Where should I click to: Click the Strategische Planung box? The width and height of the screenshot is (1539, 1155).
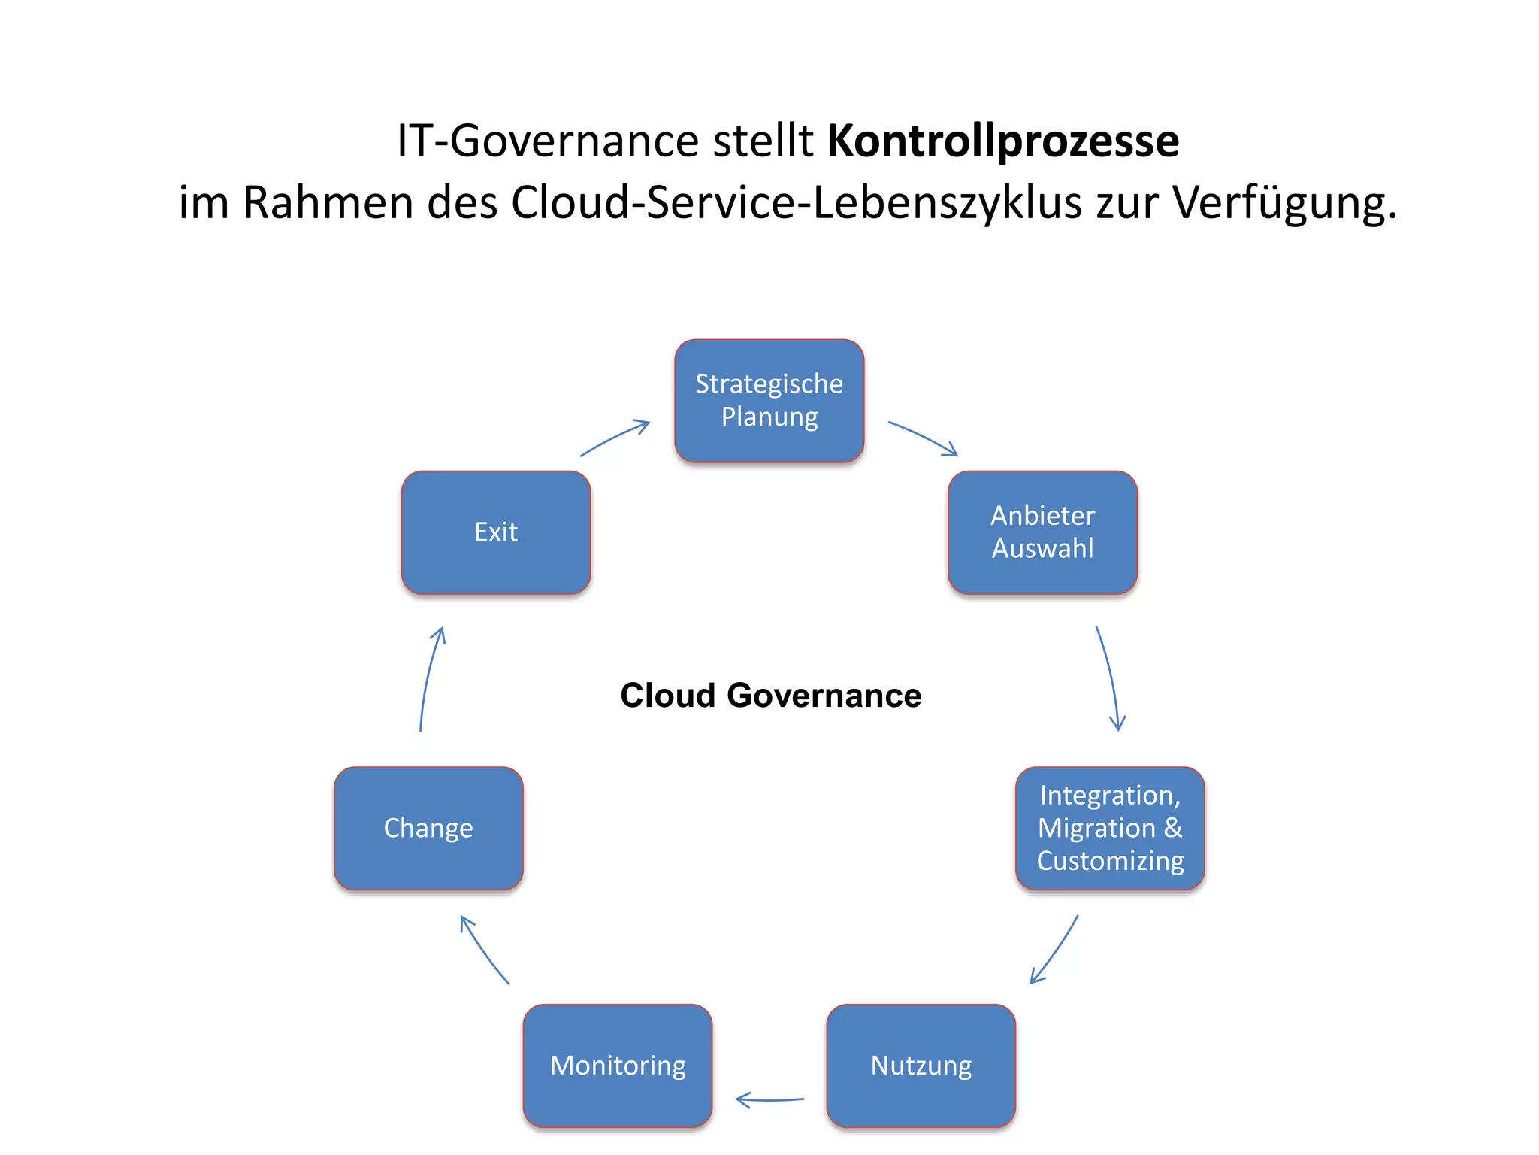[769, 400]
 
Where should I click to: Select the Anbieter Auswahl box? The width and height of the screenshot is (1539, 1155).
[1042, 532]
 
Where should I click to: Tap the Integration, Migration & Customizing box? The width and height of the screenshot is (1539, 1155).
[1110, 828]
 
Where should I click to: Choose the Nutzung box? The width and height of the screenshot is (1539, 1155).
[921, 1065]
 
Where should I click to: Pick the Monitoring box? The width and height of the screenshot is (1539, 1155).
[618, 1065]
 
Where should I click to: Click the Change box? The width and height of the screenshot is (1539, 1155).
[428, 828]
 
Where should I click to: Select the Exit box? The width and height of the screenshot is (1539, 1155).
[496, 532]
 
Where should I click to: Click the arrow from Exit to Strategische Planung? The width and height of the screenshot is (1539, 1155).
[615, 438]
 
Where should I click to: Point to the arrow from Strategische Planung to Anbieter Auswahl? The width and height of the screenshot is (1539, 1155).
[923, 438]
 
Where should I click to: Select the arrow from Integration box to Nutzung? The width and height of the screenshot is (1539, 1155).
[1055, 949]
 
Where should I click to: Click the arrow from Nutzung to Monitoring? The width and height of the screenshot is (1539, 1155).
[769, 1099]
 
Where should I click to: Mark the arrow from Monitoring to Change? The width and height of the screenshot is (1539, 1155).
[484, 949]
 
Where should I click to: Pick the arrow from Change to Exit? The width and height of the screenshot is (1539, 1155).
[430, 677]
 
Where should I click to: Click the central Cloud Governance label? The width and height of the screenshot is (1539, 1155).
[770, 695]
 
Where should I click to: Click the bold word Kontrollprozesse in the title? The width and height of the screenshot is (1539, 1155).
[1002, 141]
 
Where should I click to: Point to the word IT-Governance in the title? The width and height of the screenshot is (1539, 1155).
[548, 141]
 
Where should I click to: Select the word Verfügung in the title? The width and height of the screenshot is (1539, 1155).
[1284, 202]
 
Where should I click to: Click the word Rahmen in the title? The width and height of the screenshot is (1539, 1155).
[328, 202]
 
